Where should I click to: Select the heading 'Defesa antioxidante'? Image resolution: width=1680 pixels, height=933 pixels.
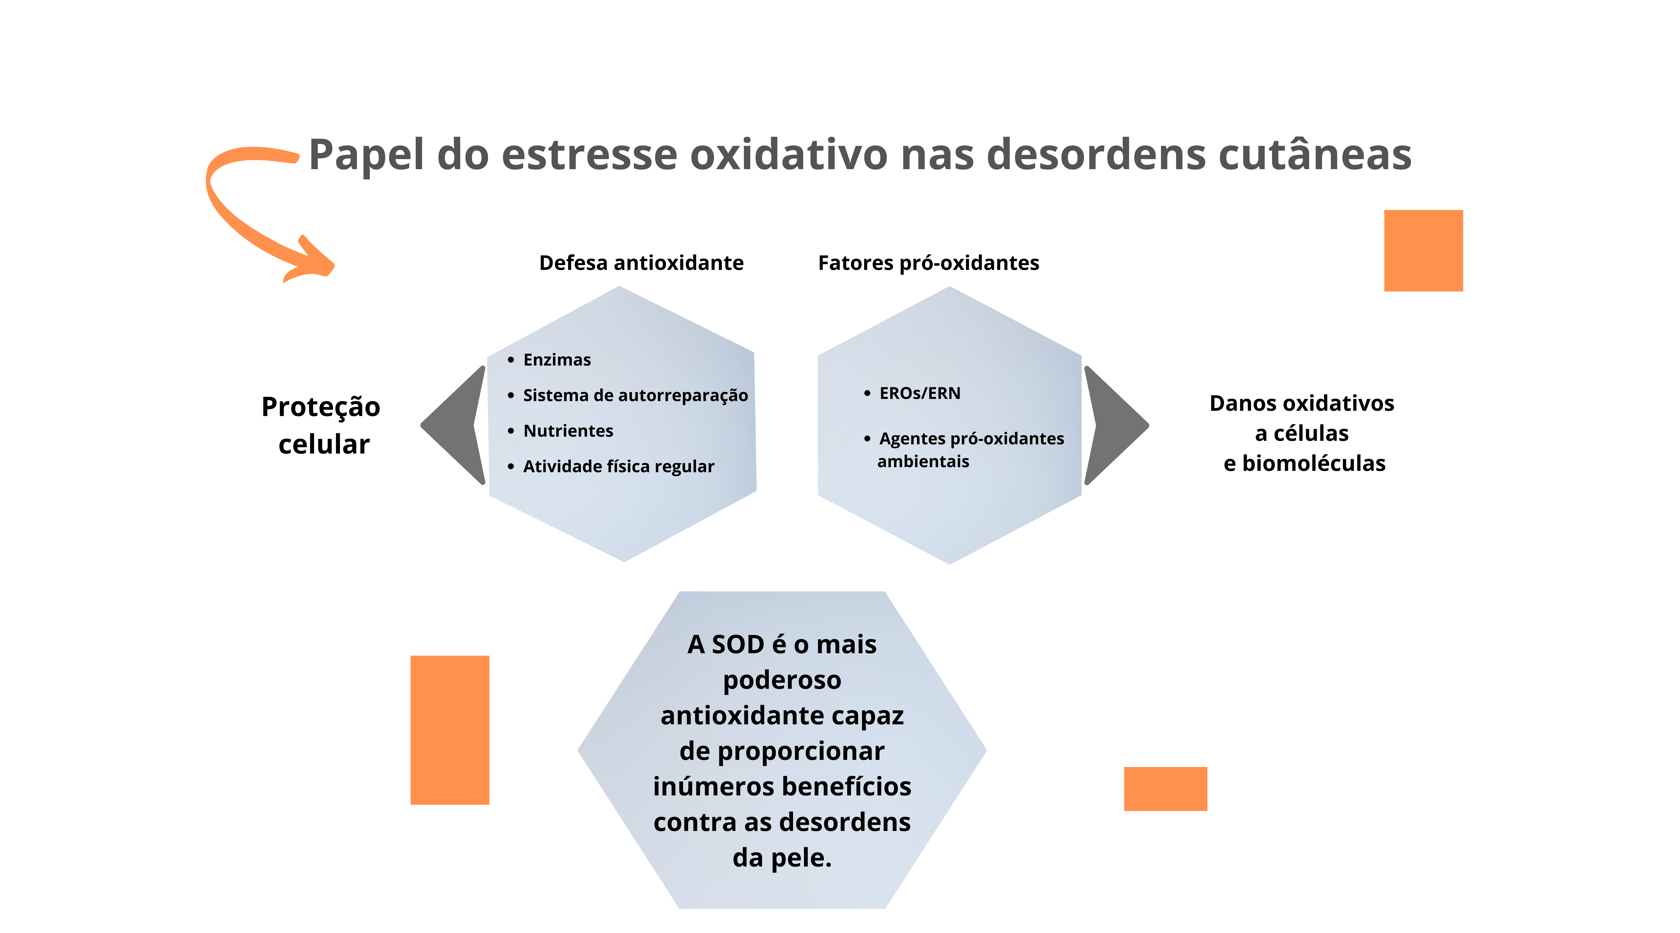pyautogui.click(x=641, y=263)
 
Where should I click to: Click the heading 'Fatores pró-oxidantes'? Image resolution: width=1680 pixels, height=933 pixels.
pyautogui.click(x=928, y=263)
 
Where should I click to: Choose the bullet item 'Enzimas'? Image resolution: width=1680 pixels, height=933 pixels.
pyautogui.click(x=557, y=360)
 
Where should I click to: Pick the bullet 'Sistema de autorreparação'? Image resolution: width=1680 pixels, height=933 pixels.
pyautogui.click(x=635, y=395)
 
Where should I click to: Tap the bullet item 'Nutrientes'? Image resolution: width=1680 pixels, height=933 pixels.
pyautogui.click(x=568, y=431)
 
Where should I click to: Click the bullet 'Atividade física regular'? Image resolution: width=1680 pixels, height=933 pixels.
pyautogui.click(x=618, y=466)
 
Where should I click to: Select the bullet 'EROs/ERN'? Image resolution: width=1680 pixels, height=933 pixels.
pyautogui.click(x=919, y=393)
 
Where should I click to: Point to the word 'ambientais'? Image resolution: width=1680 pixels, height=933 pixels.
pyautogui.click(x=923, y=462)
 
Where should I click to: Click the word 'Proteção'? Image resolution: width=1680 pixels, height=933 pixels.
pyautogui.click(x=321, y=407)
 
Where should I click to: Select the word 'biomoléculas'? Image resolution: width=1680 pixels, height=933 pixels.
pyautogui.click(x=1313, y=463)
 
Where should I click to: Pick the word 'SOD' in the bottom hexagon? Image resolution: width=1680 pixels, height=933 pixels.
pyautogui.click(x=738, y=644)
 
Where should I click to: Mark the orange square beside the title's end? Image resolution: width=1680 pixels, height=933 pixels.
pyautogui.click(x=1423, y=250)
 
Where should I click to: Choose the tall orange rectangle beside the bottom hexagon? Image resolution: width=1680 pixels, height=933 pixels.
pyautogui.click(x=449, y=730)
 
